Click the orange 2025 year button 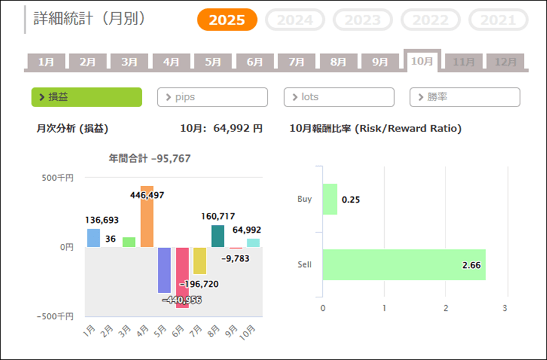pyautogui.click(x=227, y=20)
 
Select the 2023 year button pyautogui.click(x=363, y=20)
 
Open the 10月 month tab pyautogui.click(x=422, y=61)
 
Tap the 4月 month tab pyautogui.click(x=171, y=62)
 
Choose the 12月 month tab pyautogui.click(x=506, y=62)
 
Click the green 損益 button pyautogui.click(x=87, y=97)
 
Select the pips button pyautogui.click(x=212, y=97)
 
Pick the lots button pyautogui.click(x=339, y=97)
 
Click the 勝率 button pyautogui.click(x=465, y=97)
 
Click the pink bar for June pyautogui.click(x=182, y=277)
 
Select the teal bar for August pyautogui.click(x=218, y=236)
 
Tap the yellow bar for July pyautogui.click(x=200, y=261)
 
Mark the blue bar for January pyautogui.click(x=94, y=238)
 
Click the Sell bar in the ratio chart pyautogui.click(x=404, y=265)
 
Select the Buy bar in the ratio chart pyautogui.click(x=329, y=199)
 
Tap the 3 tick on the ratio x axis pyautogui.click(x=505, y=308)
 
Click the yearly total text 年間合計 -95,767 pyautogui.click(x=150, y=159)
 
